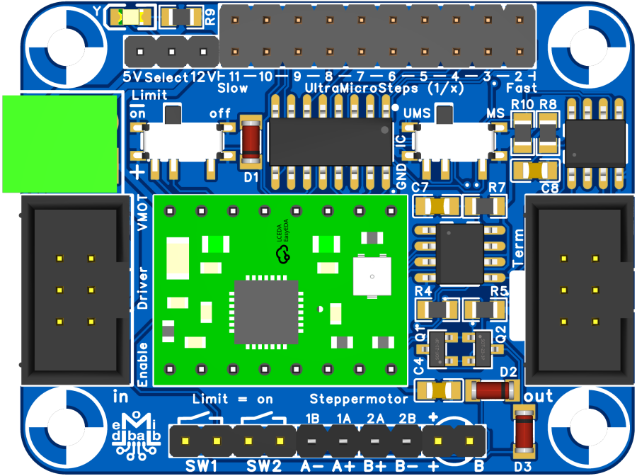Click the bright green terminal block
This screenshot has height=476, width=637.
click(x=59, y=144)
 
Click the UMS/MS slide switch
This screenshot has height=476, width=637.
click(x=454, y=140)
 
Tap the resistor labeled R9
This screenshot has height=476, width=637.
click(x=180, y=16)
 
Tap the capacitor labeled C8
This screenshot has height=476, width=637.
click(x=535, y=170)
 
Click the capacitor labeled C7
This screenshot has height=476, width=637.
click(x=435, y=205)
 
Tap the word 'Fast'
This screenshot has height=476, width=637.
click(x=522, y=88)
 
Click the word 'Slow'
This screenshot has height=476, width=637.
click(x=233, y=88)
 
